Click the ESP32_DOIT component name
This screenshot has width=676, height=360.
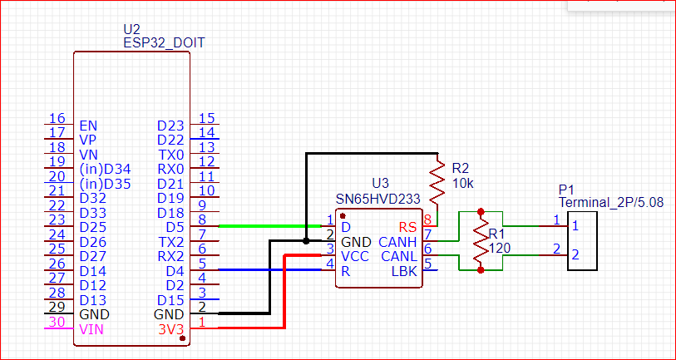(x=165, y=43)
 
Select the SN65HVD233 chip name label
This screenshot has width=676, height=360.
(x=377, y=200)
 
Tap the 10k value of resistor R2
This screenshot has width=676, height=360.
(x=463, y=184)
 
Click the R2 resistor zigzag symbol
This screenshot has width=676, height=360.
(x=437, y=182)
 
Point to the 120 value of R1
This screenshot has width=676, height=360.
(x=500, y=248)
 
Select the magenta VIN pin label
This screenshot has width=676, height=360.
(x=91, y=330)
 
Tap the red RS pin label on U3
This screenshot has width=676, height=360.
(x=407, y=227)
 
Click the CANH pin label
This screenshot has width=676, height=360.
(x=397, y=241)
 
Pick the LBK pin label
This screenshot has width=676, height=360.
(x=405, y=271)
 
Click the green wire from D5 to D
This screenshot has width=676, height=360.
(x=270, y=225)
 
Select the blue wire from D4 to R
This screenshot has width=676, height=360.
(x=270, y=270)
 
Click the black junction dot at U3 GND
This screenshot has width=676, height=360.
(x=306, y=241)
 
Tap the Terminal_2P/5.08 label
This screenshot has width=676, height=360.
(x=611, y=203)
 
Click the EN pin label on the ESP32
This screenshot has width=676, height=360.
(x=88, y=126)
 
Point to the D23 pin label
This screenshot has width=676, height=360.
(x=170, y=126)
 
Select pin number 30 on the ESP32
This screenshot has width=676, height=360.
(x=57, y=322)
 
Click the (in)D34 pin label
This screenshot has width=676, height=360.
(x=106, y=170)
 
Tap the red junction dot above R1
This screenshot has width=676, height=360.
(x=481, y=212)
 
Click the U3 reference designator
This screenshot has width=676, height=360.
(x=380, y=183)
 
